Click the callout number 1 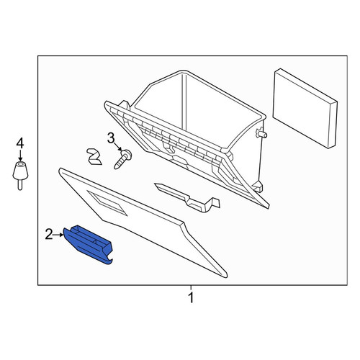click(191, 298)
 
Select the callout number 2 click(49, 235)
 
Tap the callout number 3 click(111, 138)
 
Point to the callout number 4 click(20, 144)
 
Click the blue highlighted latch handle click(88, 244)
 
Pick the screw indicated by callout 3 click(122, 158)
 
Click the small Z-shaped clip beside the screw click(94, 157)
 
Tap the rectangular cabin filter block click(305, 109)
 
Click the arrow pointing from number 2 click(58, 235)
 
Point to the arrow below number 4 click(20, 156)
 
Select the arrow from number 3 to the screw click(118, 146)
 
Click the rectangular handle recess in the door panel click(107, 203)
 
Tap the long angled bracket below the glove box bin click(188, 198)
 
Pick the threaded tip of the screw click(116, 167)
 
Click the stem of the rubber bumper click(20, 185)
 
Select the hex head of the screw click(127, 154)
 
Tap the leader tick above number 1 click(191, 288)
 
